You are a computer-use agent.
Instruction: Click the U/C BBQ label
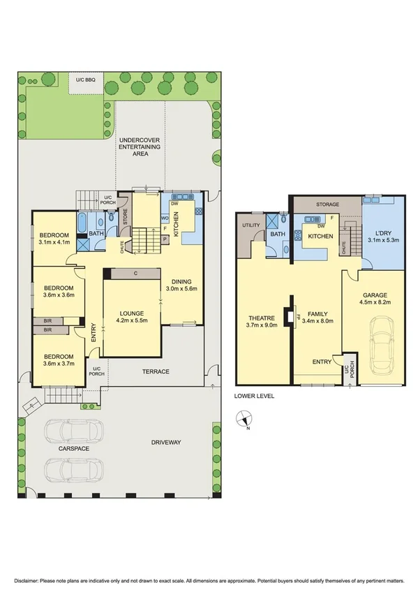click(86, 80)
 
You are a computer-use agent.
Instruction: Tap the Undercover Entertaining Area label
click(140, 147)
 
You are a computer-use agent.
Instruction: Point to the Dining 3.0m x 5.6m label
click(183, 283)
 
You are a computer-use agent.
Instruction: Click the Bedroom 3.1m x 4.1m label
click(54, 239)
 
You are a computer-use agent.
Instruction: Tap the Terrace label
click(155, 371)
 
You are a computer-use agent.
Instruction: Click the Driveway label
click(166, 443)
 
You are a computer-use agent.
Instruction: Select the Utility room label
click(251, 225)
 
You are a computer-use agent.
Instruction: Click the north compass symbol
click(243, 420)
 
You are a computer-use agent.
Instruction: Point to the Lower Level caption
click(254, 396)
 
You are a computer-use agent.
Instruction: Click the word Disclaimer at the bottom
click(27, 579)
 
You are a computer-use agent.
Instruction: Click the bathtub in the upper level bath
click(82, 225)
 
